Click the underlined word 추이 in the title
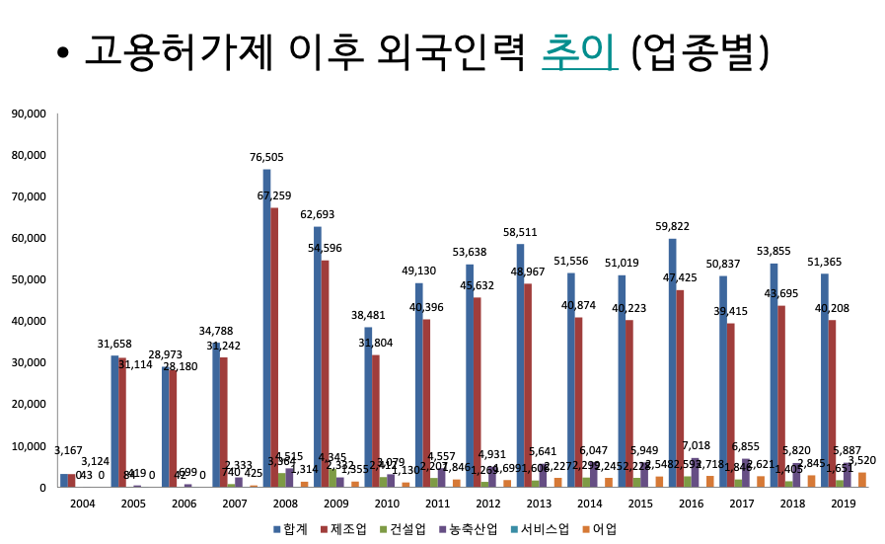[x=580, y=50]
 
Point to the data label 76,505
[x=266, y=157]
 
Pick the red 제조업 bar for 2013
[x=528, y=385]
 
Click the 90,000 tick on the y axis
[x=29, y=115]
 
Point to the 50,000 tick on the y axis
[x=29, y=280]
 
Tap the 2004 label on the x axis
[x=82, y=505]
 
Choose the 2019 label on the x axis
[x=843, y=505]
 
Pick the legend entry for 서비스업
[x=542, y=529]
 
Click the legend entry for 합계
[x=289, y=529]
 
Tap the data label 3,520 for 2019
[x=861, y=460]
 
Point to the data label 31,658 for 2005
[x=114, y=344]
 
